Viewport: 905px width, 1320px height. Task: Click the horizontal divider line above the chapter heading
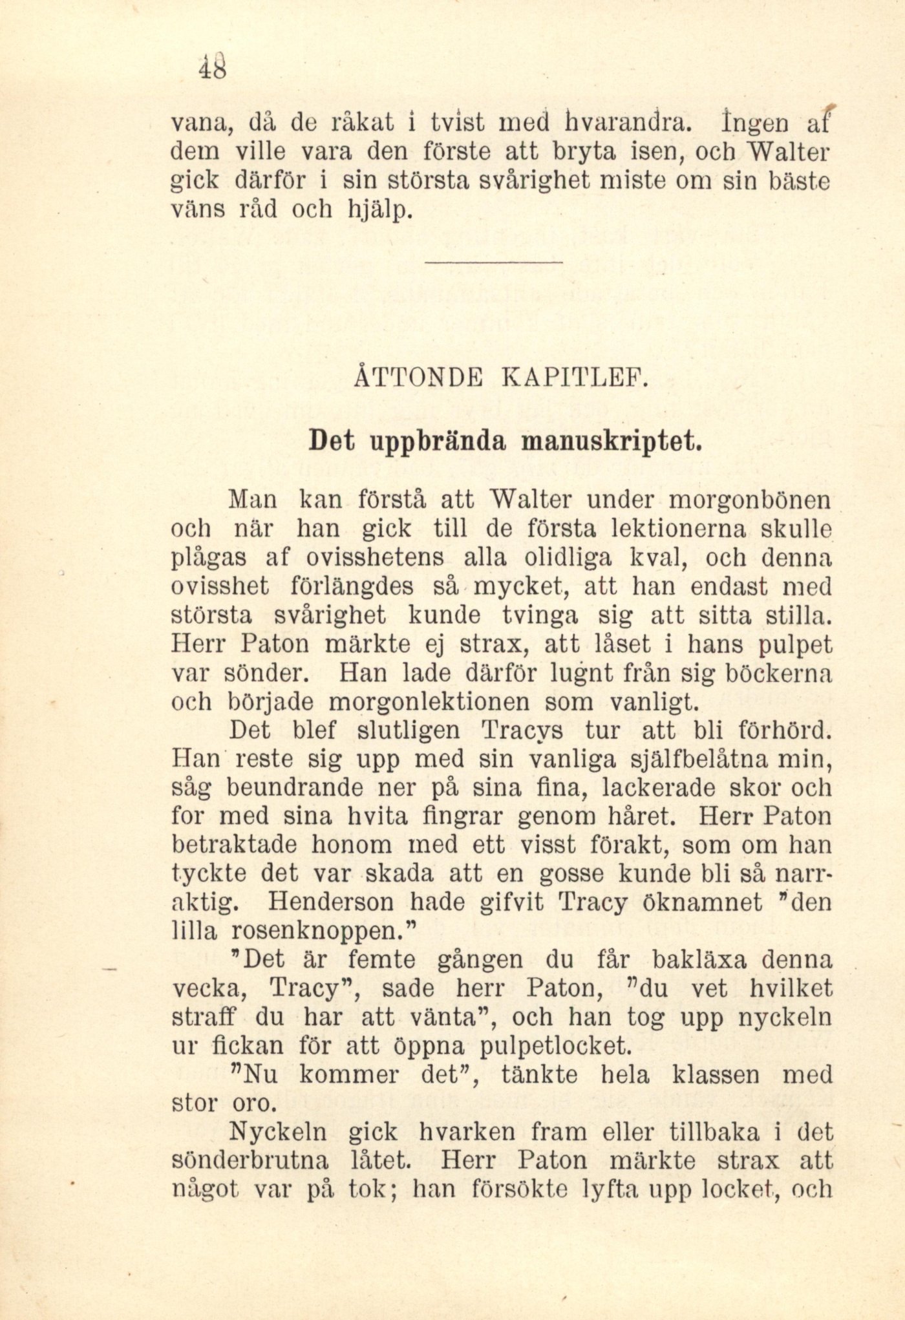pos(495,262)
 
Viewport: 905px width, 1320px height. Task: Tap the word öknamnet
pos(702,902)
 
